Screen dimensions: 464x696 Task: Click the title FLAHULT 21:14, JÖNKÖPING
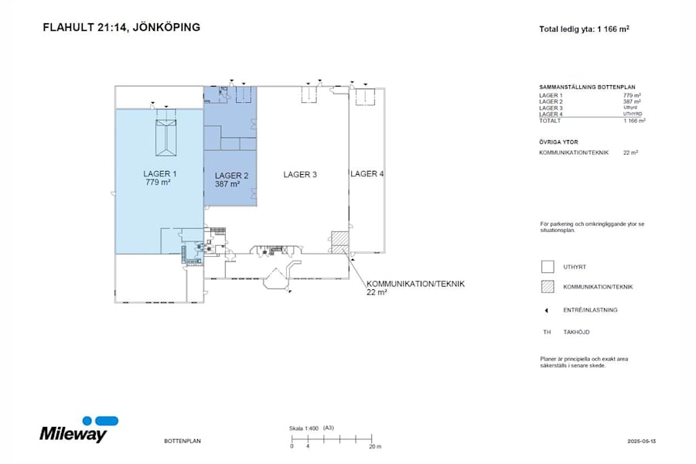click(121, 27)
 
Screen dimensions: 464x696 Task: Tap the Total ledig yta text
click(583, 30)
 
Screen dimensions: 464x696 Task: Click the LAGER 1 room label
click(160, 174)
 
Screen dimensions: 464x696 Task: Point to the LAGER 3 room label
click(300, 175)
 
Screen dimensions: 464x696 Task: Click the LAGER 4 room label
click(367, 174)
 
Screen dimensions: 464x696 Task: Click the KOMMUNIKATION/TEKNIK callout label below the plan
click(415, 284)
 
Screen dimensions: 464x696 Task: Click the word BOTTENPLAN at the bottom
click(183, 441)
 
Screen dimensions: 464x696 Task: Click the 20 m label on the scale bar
click(374, 446)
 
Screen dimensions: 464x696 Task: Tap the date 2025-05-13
click(642, 441)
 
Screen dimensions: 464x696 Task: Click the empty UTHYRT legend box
click(548, 267)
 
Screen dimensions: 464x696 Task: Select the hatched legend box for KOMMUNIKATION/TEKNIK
click(548, 287)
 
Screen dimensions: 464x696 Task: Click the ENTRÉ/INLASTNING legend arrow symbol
click(547, 310)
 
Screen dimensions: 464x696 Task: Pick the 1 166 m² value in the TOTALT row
click(634, 121)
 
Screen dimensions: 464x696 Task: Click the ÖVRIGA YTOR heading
click(558, 142)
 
